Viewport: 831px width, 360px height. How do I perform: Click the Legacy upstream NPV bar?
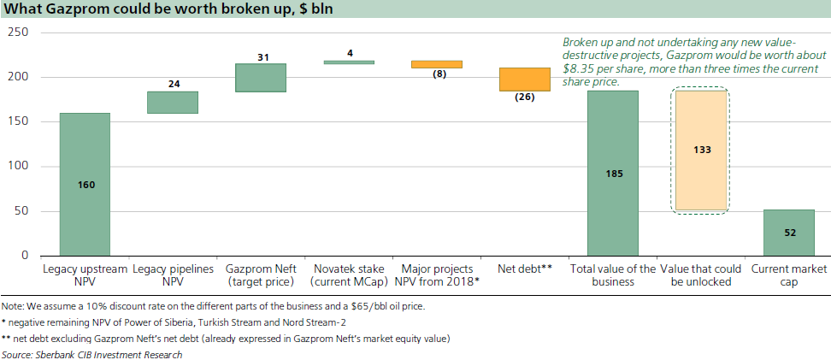(x=85, y=184)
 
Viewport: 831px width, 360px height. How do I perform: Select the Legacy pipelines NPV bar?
(x=173, y=102)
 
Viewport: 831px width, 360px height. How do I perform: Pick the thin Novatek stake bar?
(x=349, y=62)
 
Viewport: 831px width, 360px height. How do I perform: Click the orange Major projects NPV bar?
(x=437, y=64)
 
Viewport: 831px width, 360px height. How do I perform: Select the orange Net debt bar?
(x=525, y=79)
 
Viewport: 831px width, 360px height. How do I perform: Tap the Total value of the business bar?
(x=613, y=173)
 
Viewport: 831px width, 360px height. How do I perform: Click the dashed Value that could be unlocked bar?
(x=701, y=150)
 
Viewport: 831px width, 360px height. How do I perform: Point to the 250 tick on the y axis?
(x=18, y=32)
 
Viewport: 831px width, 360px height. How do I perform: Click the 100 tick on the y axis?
(x=18, y=167)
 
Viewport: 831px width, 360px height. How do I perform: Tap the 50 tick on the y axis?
(x=21, y=211)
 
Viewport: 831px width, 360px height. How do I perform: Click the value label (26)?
(x=525, y=97)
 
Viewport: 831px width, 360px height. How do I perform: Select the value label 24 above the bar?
(x=173, y=85)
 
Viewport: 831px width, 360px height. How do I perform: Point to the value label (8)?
(x=437, y=74)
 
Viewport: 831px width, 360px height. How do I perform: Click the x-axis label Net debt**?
(x=525, y=269)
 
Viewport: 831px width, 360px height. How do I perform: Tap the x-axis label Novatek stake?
(x=349, y=269)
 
